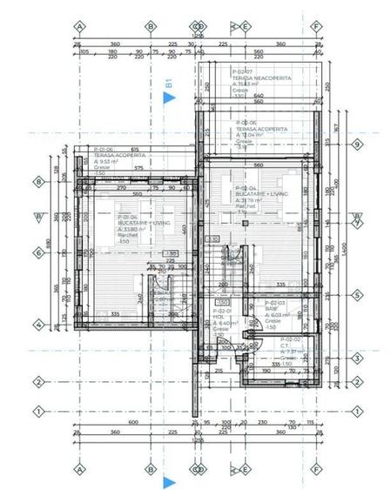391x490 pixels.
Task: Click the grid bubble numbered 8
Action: point(37,182)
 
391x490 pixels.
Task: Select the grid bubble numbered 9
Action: point(356,216)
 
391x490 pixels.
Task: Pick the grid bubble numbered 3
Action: point(356,358)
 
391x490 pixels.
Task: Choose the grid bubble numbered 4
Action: point(37,325)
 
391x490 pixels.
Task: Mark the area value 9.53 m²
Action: point(106,161)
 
